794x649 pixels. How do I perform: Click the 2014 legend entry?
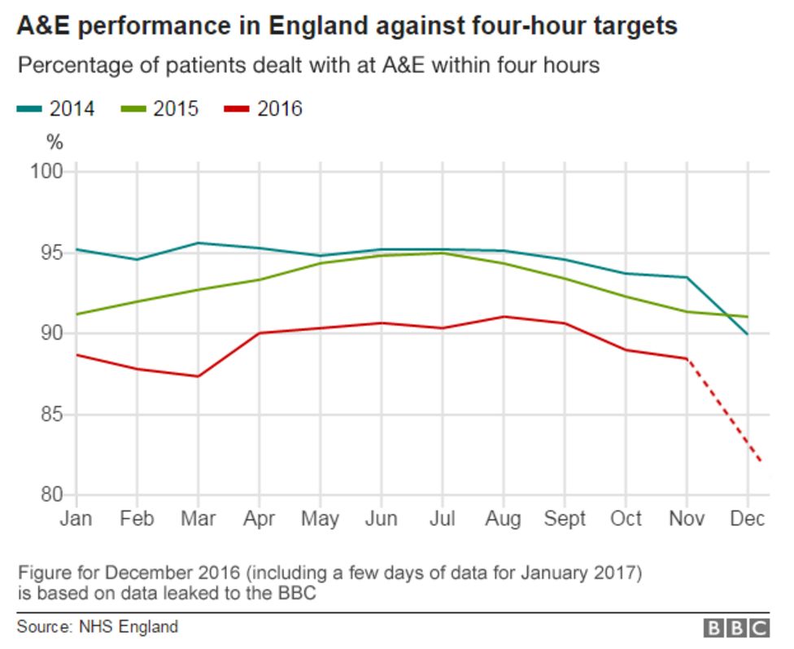55,108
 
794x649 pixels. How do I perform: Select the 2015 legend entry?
159,108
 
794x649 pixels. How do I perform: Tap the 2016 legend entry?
264,108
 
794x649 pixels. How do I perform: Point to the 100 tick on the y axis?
47,172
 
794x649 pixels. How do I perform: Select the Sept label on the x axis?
564,519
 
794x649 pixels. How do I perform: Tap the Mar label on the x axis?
198,519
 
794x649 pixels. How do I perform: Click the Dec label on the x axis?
748,519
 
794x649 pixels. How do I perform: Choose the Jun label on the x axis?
381,519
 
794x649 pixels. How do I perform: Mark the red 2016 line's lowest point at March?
198,376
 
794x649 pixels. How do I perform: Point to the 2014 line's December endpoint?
748,334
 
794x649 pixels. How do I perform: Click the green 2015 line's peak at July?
442,253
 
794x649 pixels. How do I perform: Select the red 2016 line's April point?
259,333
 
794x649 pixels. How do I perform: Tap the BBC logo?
736,628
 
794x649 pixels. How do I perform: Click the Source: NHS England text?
97,627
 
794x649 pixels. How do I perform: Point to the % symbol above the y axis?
55,142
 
